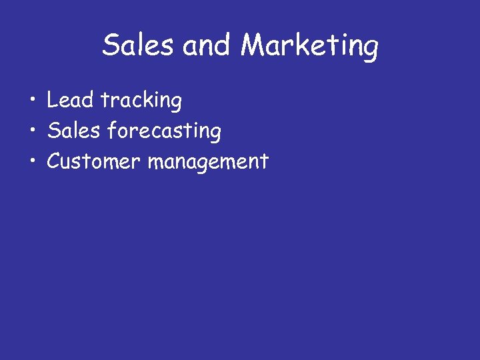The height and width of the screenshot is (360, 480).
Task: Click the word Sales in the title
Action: [x=139, y=45]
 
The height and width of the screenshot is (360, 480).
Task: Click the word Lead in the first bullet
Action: [x=70, y=100]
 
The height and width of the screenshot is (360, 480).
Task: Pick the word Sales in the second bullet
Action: [x=73, y=131]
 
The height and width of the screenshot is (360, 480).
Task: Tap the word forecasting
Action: [x=164, y=131]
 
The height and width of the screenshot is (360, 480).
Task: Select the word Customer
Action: [x=93, y=161]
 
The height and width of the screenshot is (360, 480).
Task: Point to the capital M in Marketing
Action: [x=254, y=45]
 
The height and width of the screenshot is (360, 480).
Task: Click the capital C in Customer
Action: [x=53, y=161]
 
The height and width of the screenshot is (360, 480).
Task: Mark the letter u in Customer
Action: [x=66, y=162]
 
